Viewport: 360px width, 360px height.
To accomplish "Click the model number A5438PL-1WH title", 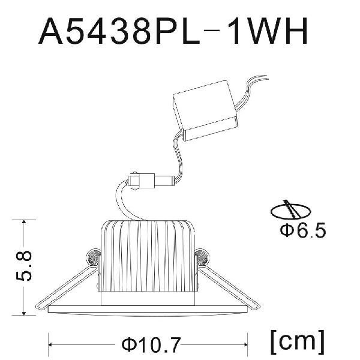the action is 173,31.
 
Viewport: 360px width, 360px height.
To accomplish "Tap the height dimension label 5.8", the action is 24,266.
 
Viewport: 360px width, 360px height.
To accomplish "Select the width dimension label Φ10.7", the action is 151,344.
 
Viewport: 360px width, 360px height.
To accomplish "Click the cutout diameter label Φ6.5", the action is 303,230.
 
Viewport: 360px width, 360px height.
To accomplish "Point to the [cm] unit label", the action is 298,343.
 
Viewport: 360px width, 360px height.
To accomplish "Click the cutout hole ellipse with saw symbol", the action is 291,211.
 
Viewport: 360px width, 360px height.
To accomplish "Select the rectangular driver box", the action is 205,110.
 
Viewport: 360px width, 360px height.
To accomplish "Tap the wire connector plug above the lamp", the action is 151,180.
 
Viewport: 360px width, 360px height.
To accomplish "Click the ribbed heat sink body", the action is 148,256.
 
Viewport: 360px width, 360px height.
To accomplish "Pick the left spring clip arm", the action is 67,287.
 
